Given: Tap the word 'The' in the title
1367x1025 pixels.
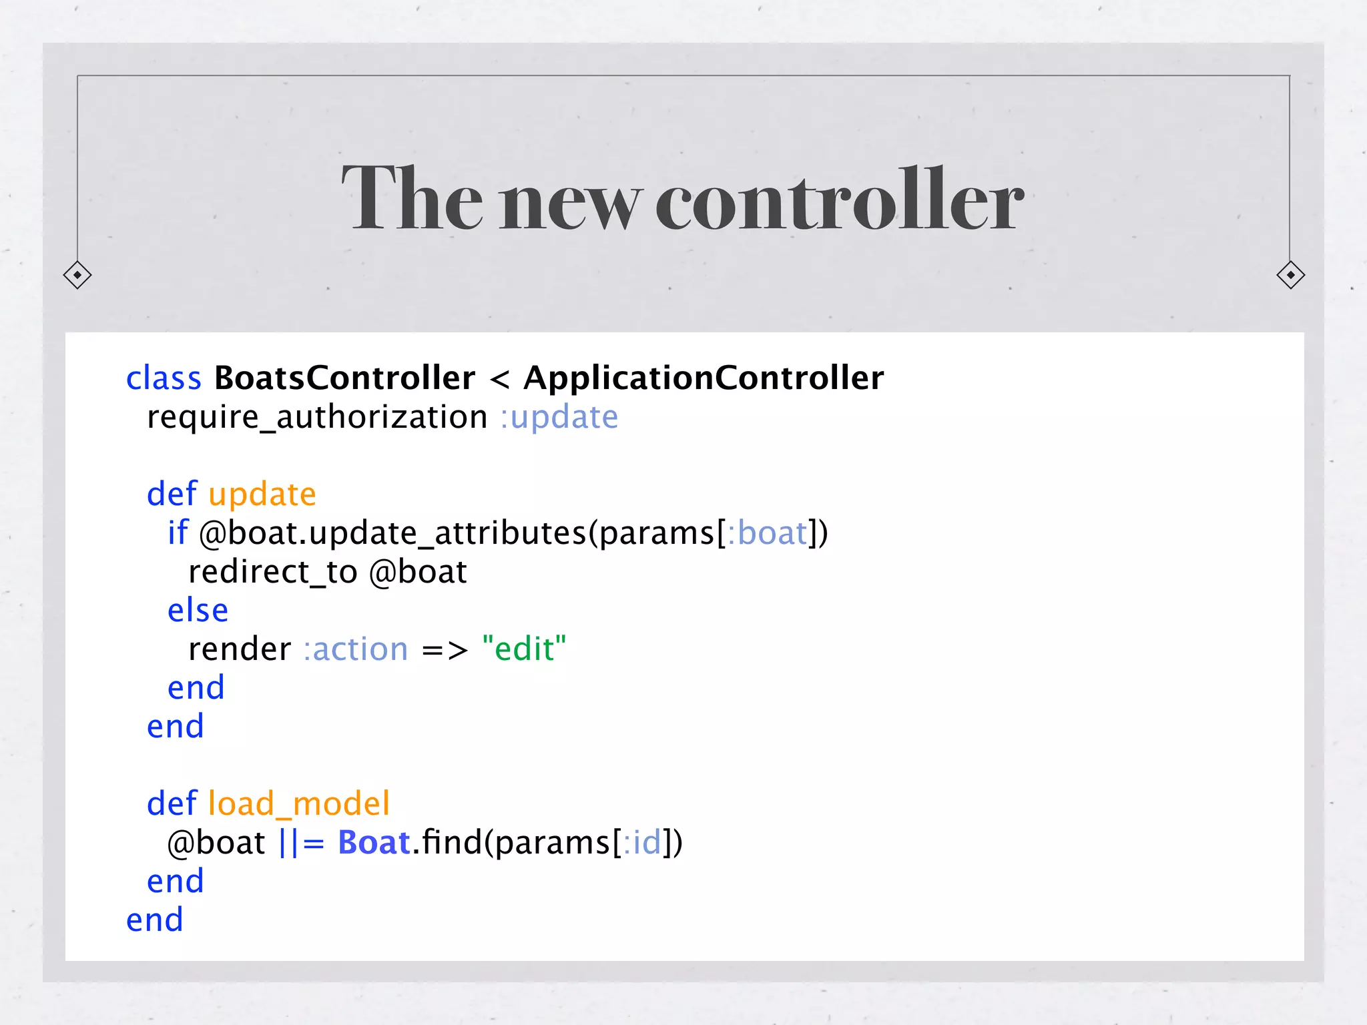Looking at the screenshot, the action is pyautogui.click(x=412, y=199).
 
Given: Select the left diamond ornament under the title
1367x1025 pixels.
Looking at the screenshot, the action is pyautogui.click(x=77, y=275).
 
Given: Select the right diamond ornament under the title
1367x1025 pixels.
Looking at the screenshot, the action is pyautogui.click(x=1290, y=275).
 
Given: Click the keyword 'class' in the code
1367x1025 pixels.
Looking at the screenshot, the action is pyautogui.click(x=164, y=378).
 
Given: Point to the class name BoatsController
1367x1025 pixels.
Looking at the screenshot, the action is pyautogui.click(x=344, y=378).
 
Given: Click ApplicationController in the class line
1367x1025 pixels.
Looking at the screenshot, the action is pyautogui.click(x=704, y=378).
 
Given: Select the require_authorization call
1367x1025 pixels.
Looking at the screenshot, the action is pyautogui.click(x=317, y=418).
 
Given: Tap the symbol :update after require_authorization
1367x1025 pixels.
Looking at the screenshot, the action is pyautogui.click(x=559, y=418).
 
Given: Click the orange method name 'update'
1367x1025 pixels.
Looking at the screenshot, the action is pyautogui.click(x=262, y=494).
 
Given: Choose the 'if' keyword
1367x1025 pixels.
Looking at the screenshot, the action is pyautogui.click(x=178, y=533).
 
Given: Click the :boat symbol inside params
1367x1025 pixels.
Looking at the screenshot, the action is pyautogui.click(x=768, y=533).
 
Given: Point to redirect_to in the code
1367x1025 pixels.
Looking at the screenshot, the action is pyautogui.click(x=272, y=572).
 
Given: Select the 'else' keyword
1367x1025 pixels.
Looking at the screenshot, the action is pyautogui.click(x=198, y=611).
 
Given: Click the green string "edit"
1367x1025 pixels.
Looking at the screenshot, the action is pyautogui.click(x=524, y=649).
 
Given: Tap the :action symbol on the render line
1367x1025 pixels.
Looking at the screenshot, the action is pyautogui.click(x=356, y=649).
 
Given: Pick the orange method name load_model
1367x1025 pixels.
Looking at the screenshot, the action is pyautogui.click(x=298, y=804).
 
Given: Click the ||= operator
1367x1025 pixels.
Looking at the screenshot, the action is pyautogui.click(x=301, y=843).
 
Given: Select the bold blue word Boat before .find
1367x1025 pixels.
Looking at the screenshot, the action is pyautogui.click(x=374, y=843).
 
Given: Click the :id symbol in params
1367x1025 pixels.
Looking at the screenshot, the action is pyautogui.click(x=641, y=843).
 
